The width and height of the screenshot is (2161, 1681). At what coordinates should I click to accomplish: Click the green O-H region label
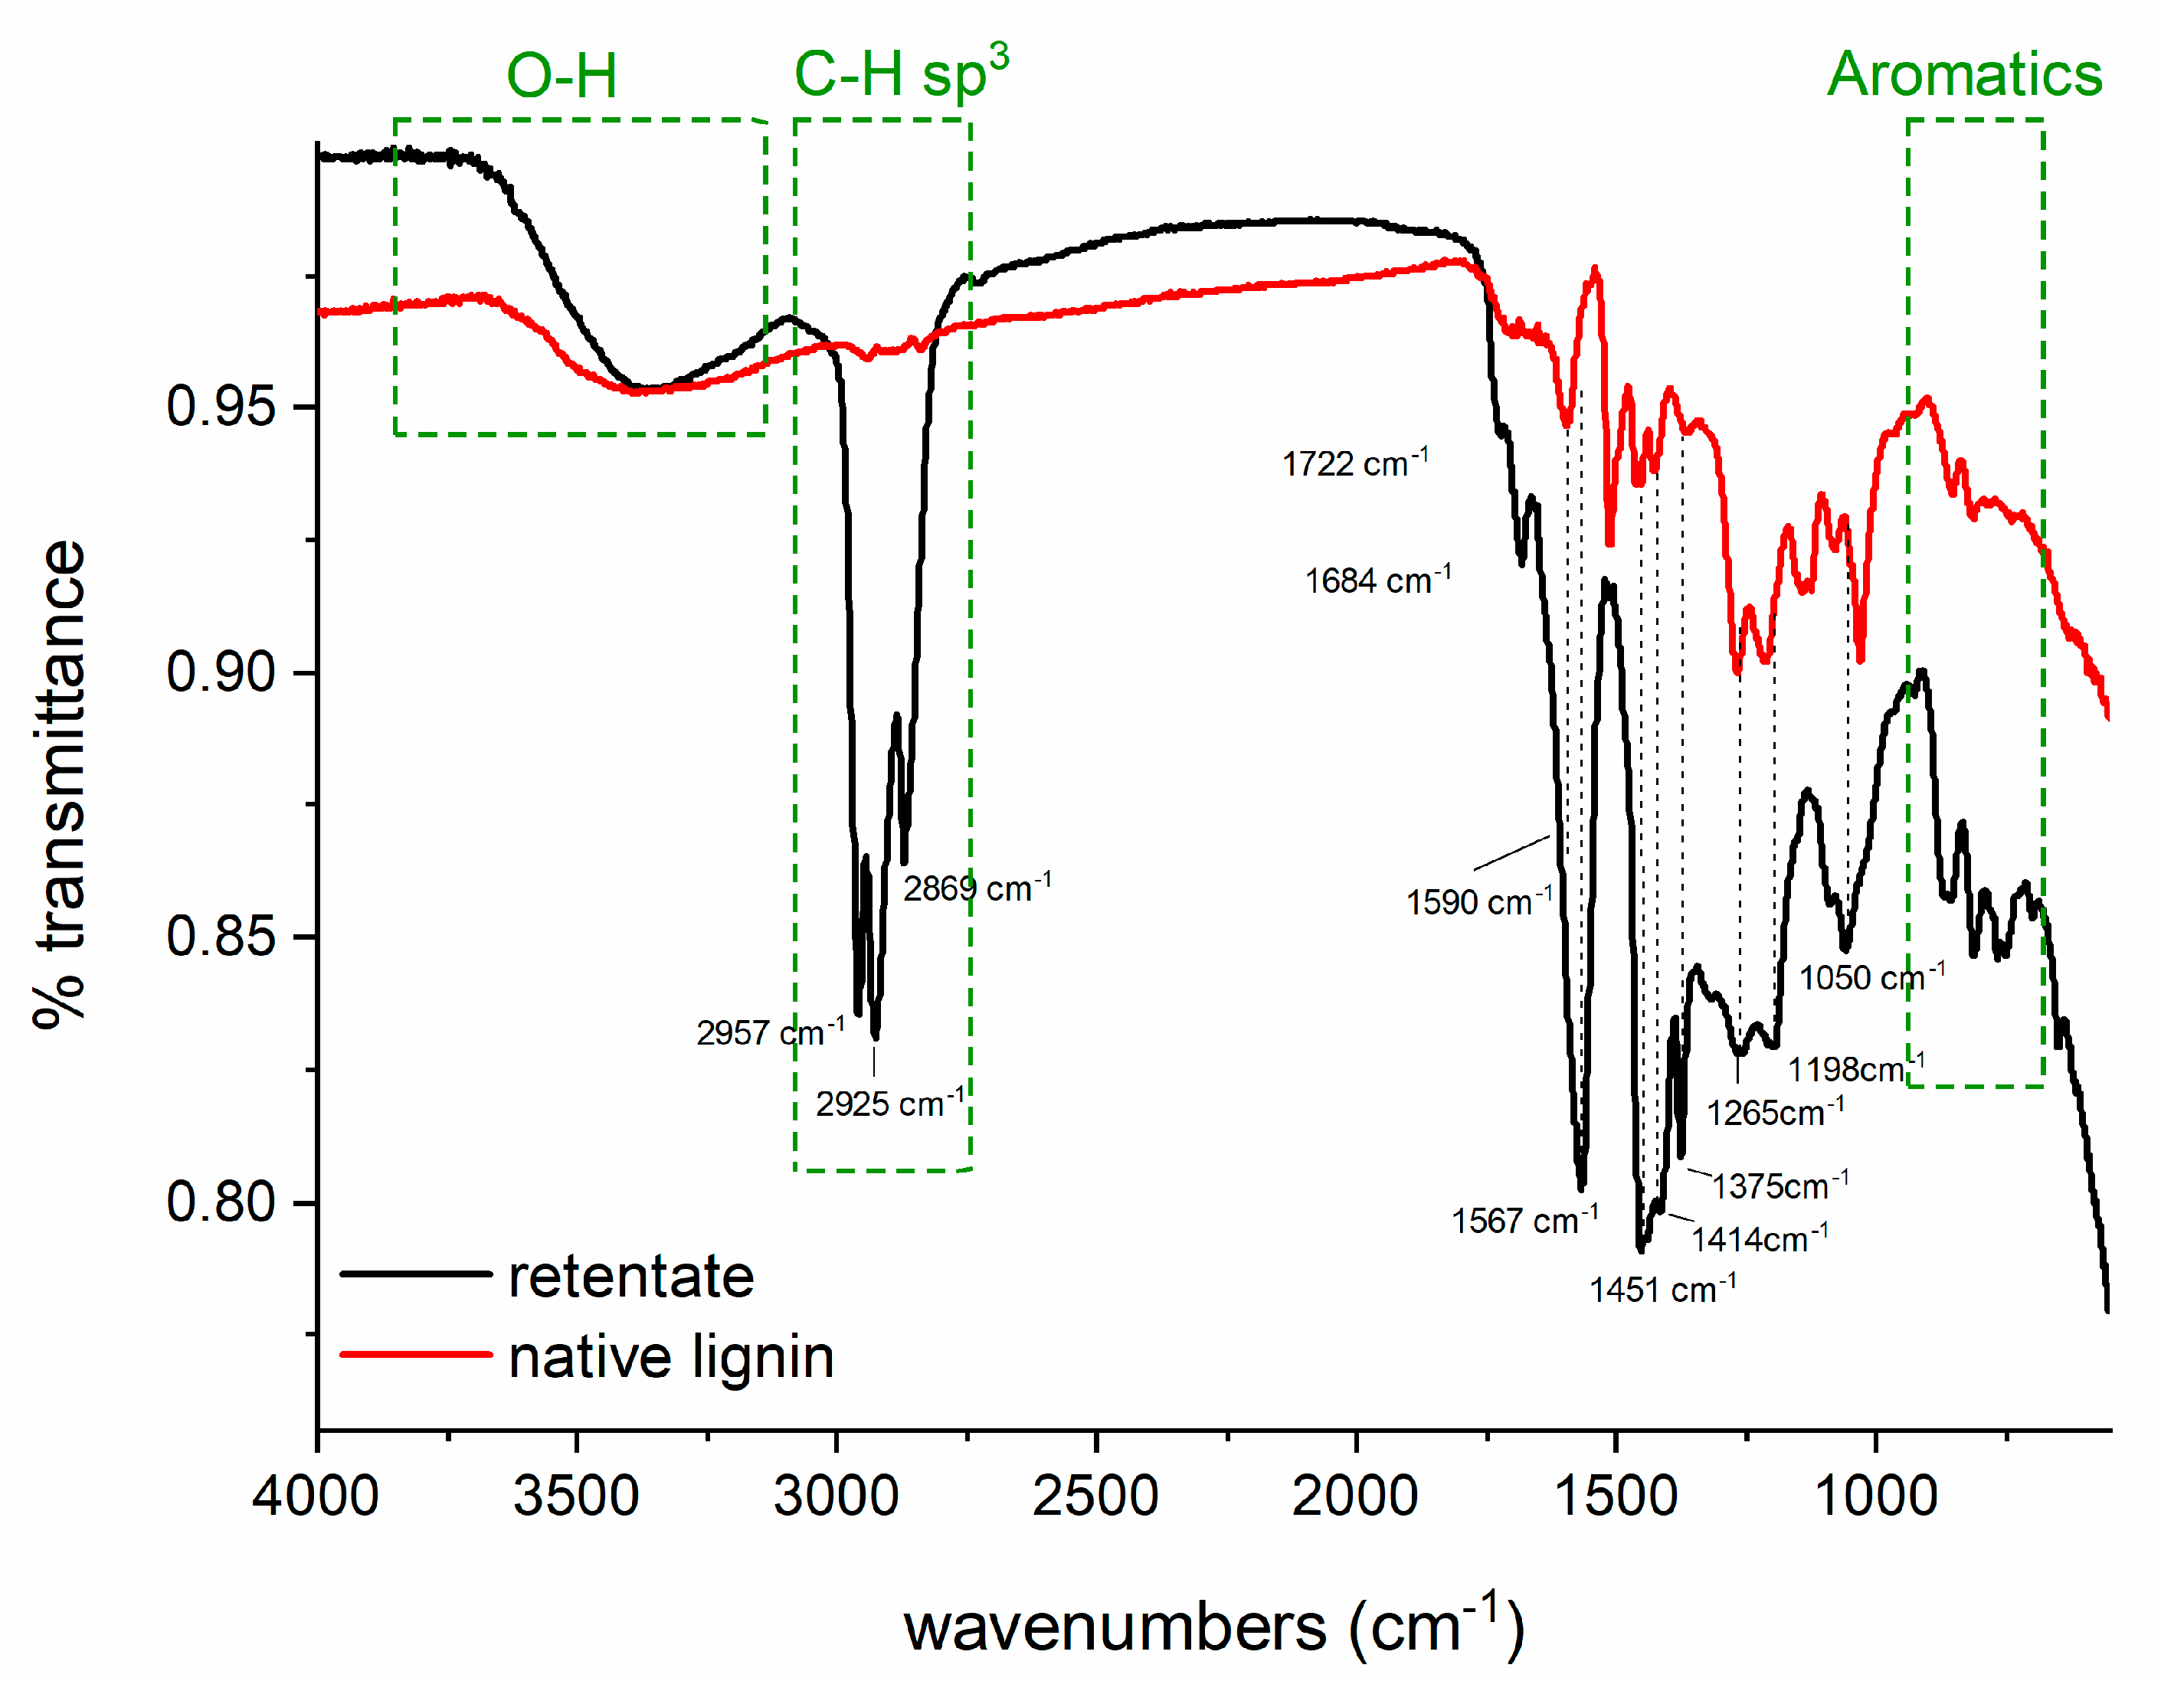[561, 75]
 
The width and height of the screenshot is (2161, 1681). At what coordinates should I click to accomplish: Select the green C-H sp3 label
[900, 74]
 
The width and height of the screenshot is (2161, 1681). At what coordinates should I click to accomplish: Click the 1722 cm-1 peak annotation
[1354, 463]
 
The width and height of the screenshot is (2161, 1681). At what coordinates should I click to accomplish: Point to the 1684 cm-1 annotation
[1377, 580]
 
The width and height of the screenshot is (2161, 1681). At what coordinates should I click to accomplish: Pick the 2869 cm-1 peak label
[976, 888]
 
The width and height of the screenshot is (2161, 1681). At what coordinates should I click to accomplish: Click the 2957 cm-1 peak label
[770, 1032]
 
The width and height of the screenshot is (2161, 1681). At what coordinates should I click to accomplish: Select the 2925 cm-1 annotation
[889, 1102]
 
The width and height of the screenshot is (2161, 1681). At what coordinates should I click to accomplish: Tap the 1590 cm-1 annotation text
[1479, 901]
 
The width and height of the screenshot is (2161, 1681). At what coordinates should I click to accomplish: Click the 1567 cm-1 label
[1524, 1220]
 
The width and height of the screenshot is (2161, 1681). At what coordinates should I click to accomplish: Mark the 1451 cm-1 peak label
[1662, 1289]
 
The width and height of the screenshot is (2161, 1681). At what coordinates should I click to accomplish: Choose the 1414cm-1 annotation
[1758, 1238]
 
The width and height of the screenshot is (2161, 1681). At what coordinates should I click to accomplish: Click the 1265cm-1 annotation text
[1774, 1112]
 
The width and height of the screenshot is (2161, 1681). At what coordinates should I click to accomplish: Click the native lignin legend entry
[670, 1356]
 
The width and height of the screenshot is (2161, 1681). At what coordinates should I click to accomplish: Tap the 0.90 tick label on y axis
[220, 672]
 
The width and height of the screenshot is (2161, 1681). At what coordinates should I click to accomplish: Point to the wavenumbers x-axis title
[1213, 1627]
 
